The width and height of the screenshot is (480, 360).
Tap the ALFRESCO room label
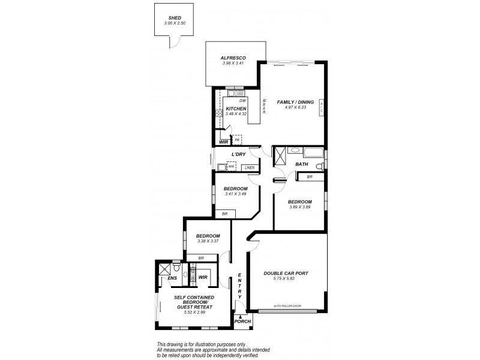click(233, 57)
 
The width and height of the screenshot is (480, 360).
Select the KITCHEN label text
click(236, 109)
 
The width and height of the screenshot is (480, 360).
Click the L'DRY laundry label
click(239, 155)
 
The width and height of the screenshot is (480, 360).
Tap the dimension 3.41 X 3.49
click(236, 193)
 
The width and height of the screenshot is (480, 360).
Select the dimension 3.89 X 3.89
click(299, 206)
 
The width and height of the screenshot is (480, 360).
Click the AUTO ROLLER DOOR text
click(287, 306)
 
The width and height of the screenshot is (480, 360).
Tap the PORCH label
click(242, 322)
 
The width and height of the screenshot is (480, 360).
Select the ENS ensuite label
click(172, 278)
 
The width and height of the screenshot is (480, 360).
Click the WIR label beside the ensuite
click(203, 277)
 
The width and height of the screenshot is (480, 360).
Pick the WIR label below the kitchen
click(223, 142)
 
